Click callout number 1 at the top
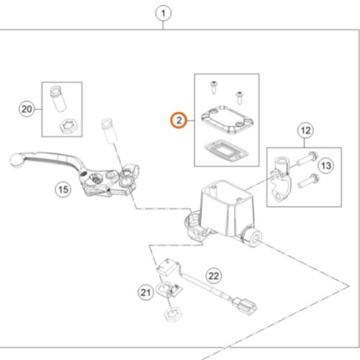pos(163,14)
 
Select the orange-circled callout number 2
pos(179,120)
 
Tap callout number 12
pos(305,130)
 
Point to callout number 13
pos(326,166)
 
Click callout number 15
pos(63,189)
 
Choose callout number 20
pos(27,109)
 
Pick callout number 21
pos(145,292)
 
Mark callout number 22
pos(214,276)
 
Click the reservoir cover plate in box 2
pos(227,120)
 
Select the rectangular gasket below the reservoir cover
pos(227,150)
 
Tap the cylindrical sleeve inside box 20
pos(58,99)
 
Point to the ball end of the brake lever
pos(17,160)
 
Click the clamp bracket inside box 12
pos(281,179)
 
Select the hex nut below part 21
pos(173,314)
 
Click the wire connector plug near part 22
pos(244,305)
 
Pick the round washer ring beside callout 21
pos(164,287)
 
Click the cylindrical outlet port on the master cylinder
pos(252,237)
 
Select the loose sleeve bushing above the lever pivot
pos(109,130)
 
